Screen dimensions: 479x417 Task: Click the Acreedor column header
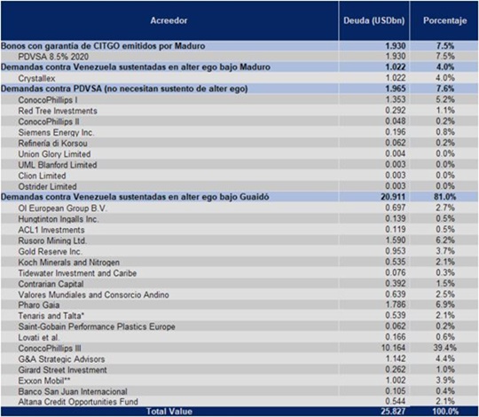(x=169, y=20)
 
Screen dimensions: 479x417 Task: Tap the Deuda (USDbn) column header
(x=374, y=20)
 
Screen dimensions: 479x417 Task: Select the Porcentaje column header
(x=444, y=20)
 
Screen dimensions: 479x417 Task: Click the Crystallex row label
(x=36, y=78)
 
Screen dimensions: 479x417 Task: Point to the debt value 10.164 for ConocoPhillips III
(x=393, y=348)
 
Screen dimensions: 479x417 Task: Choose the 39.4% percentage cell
(x=446, y=348)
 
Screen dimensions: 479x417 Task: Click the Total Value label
(x=169, y=411)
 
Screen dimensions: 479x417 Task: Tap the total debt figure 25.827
(x=393, y=411)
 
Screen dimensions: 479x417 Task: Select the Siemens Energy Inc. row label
(x=56, y=132)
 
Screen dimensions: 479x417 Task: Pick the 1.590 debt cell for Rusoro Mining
(x=396, y=240)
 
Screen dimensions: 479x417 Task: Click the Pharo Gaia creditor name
(x=39, y=305)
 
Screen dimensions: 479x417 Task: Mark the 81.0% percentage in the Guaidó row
(x=444, y=197)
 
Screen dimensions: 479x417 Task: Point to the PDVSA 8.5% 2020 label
(x=53, y=57)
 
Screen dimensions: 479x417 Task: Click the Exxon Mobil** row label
(x=44, y=381)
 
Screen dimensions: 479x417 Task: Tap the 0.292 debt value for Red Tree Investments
(x=396, y=110)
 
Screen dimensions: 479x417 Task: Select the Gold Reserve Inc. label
(x=50, y=251)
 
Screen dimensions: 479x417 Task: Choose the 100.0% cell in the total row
(x=445, y=411)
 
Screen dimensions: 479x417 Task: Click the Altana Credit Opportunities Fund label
(x=78, y=402)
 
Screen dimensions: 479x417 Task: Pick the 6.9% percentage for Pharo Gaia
(x=445, y=304)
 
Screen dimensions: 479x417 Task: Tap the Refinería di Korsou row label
(x=53, y=143)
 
